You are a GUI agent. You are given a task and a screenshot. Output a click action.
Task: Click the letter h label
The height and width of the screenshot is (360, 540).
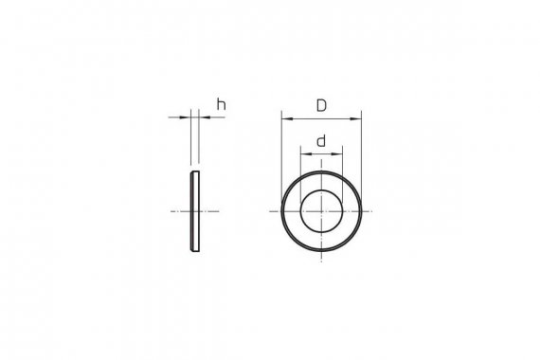[221, 104]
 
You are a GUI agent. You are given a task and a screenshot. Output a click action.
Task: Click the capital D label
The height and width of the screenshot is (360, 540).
[321, 105]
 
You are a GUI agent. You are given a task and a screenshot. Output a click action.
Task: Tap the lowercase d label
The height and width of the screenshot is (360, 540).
[321, 141]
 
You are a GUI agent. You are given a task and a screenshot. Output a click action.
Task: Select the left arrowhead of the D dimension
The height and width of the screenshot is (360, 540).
[287, 118]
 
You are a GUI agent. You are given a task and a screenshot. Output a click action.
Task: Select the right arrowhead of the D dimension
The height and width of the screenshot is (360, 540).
[356, 118]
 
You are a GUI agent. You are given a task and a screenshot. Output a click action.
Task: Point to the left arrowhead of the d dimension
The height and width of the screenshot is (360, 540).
[306, 153]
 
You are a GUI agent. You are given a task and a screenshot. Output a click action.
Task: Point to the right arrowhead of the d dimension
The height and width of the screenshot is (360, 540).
[337, 153]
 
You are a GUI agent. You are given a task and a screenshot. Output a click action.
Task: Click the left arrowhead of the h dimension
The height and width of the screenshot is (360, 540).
[185, 117]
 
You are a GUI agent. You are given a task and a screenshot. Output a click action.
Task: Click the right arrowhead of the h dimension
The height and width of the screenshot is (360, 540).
[205, 117]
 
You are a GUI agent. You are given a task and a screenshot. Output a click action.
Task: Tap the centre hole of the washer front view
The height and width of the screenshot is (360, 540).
[321, 211]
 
